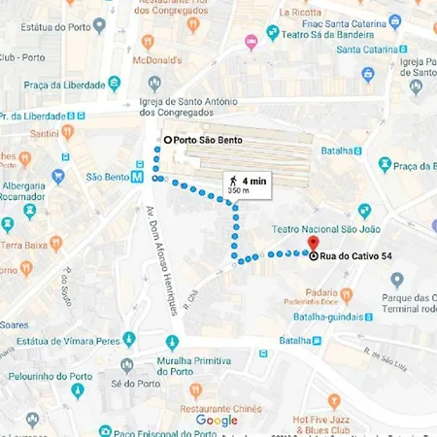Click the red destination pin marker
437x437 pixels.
pos(313,243)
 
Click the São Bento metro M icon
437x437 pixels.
pos(138,177)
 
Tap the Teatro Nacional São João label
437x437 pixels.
pos(328,228)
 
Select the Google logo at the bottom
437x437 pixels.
pos(217,420)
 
